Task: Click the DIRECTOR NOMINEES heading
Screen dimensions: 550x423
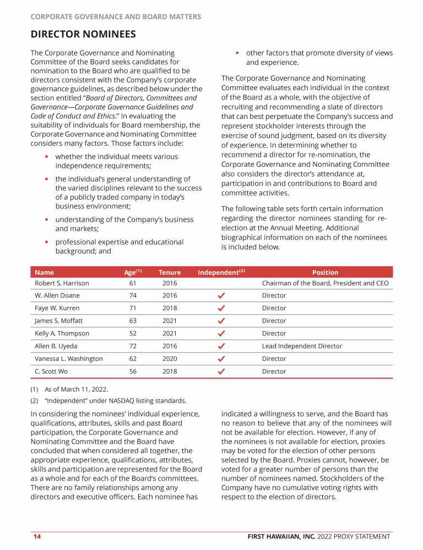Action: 83,35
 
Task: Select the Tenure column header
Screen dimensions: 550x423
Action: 170,272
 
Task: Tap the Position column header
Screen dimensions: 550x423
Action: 325,272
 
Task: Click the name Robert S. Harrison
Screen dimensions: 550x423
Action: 62,283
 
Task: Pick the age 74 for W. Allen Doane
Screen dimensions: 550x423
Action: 133,295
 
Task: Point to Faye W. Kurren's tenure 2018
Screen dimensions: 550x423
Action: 170,308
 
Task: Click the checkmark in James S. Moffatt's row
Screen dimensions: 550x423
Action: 221,321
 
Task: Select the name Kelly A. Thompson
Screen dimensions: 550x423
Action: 62,333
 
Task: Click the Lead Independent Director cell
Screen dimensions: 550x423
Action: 302,346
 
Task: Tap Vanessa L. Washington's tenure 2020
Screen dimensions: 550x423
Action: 170,359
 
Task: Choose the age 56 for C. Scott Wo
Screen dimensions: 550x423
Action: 133,371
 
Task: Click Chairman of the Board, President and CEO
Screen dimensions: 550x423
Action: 325,283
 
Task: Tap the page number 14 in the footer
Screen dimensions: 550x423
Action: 37,537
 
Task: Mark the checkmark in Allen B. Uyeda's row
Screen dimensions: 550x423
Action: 221,346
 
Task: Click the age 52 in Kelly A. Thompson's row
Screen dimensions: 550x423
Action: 133,333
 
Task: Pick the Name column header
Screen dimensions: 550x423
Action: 44,272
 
